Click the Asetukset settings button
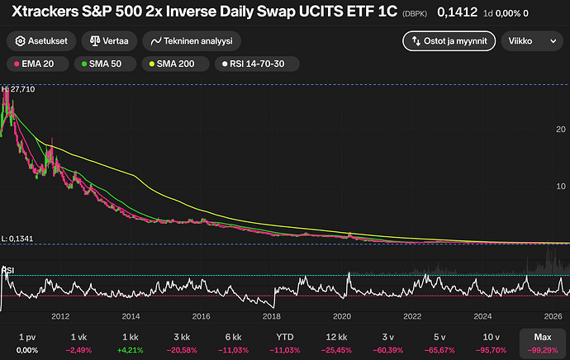point(41,41)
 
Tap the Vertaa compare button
point(109,41)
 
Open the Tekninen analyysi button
point(192,41)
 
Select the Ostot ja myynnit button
point(449,41)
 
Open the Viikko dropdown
point(532,41)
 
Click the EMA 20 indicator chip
point(37,64)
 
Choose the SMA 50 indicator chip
point(105,64)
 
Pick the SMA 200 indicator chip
point(175,64)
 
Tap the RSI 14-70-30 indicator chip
point(257,64)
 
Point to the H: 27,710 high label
point(18,89)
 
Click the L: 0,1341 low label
point(17,239)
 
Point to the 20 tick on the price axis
point(561,130)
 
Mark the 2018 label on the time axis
point(272,316)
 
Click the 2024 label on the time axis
point(482,316)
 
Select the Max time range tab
point(543,343)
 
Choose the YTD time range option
point(285,343)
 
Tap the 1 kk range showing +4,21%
point(131,343)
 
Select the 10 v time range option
point(492,343)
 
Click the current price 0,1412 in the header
point(458,12)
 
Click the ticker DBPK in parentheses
point(415,14)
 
